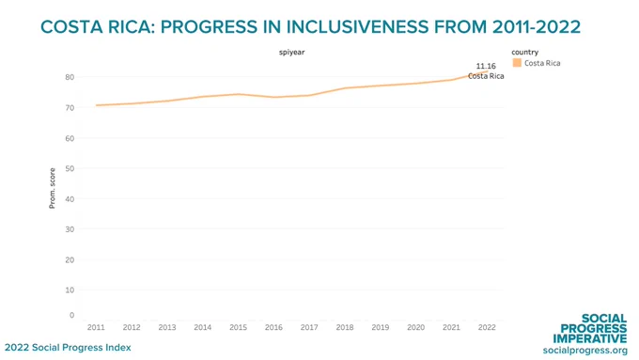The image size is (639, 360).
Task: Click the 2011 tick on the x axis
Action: (96, 327)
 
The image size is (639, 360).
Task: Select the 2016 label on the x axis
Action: (273, 327)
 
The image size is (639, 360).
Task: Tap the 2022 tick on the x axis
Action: (487, 327)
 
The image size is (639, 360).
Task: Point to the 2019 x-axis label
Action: (381, 327)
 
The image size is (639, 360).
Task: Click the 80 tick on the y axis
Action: (70, 77)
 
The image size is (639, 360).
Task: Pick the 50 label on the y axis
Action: (70, 168)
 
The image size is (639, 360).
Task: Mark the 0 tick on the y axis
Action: (72, 315)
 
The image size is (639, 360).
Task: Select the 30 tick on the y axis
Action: (70, 229)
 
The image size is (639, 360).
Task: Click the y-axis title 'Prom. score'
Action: (53, 188)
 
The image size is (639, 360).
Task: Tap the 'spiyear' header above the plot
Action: (292, 53)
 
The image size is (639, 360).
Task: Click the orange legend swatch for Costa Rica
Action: (517, 62)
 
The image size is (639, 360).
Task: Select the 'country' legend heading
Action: (525, 53)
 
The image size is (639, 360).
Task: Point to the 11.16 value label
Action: (486, 66)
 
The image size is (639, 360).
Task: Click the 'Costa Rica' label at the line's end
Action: (486, 76)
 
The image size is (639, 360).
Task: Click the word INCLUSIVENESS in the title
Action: (357, 27)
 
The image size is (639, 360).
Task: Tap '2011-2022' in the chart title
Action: (537, 27)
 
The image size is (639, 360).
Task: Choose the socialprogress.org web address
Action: (585, 351)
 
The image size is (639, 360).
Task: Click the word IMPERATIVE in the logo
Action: (590, 338)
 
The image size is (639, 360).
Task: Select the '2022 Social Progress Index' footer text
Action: (68, 348)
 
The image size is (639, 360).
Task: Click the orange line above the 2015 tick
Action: (238, 94)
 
